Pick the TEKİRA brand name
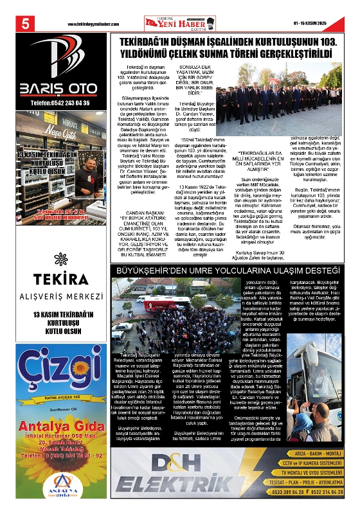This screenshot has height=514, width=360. tap(62, 279)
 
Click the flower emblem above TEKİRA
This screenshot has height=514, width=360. tap(61, 259)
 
